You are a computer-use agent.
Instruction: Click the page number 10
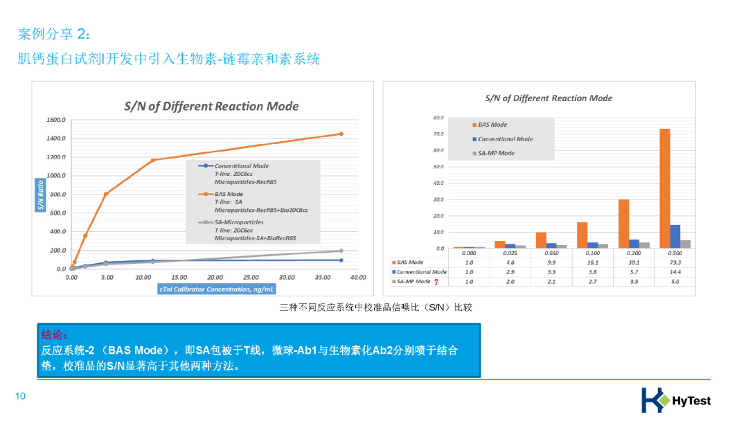[x=20, y=396]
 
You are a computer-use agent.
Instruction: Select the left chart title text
[x=211, y=106]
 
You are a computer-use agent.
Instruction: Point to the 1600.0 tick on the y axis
[x=56, y=120]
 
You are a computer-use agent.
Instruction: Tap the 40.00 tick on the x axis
[x=357, y=277]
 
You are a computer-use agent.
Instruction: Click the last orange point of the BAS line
[x=341, y=134]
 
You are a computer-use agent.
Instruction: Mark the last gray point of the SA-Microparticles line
[x=341, y=251]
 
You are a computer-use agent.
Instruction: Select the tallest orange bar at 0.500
[x=664, y=188]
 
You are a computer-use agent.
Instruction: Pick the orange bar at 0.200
[x=623, y=224]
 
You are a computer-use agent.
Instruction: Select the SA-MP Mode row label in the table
[x=413, y=282]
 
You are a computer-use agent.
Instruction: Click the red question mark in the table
[x=436, y=282]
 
